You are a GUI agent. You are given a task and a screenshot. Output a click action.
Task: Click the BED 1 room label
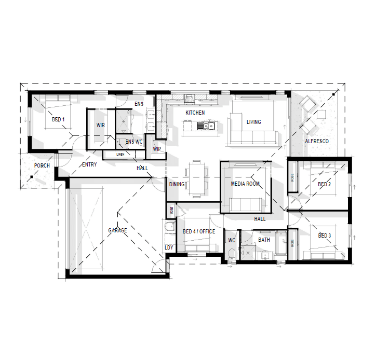(x=58, y=120)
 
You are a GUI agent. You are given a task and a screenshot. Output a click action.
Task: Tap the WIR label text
(x=101, y=125)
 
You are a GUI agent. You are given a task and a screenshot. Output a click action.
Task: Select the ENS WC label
(x=133, y=141)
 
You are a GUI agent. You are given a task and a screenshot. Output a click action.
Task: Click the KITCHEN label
(x=195, y=113)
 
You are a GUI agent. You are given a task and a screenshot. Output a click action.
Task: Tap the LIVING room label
(x=254, y=122)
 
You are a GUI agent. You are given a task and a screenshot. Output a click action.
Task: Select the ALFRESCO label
(x=317, y=141)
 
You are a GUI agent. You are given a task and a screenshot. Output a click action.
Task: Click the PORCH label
(x=42, y=166)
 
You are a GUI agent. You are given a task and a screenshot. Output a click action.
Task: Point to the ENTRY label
(x=89, y=165)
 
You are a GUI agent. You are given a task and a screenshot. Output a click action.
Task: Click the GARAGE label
(x=117, y=230)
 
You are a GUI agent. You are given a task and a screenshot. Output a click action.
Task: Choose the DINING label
(x=177, y=184)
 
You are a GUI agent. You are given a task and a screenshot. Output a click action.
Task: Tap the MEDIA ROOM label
(x=245, y=184)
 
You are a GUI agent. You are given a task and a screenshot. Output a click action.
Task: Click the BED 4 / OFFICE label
(x=199, y=231)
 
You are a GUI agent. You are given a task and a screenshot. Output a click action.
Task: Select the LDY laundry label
(x=169, y=247)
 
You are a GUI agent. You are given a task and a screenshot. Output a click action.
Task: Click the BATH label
(x=264, y=240)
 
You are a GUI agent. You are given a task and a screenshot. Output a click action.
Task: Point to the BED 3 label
(x=325, y=236)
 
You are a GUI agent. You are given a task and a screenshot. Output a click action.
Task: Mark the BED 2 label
(x=325, y=184)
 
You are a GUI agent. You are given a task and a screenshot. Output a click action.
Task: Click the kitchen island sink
(x=209, y=126)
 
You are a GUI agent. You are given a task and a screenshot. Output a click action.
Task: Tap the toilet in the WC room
(x=231, y=254)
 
